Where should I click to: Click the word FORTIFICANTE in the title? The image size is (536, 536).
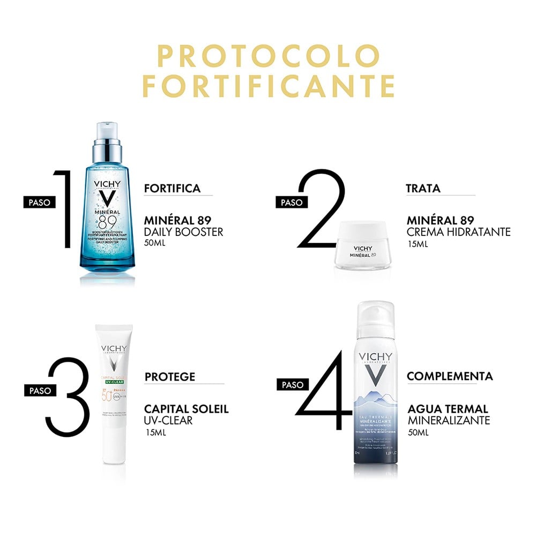[x=268, y=86]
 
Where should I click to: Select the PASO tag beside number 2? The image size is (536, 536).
[x=292, y=202]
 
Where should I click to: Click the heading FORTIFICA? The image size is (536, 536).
[x=172, y=188]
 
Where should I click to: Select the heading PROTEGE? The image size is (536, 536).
[x=170, y=377]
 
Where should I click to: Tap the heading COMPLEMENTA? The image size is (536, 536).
[x=449, y=376]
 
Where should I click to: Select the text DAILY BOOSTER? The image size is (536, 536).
[x=183, y=232]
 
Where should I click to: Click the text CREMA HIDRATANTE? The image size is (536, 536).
[x=458, y=232]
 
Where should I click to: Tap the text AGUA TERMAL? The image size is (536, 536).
[x=447, y=409]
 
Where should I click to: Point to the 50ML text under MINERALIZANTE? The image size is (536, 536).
[x=418, y=433]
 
